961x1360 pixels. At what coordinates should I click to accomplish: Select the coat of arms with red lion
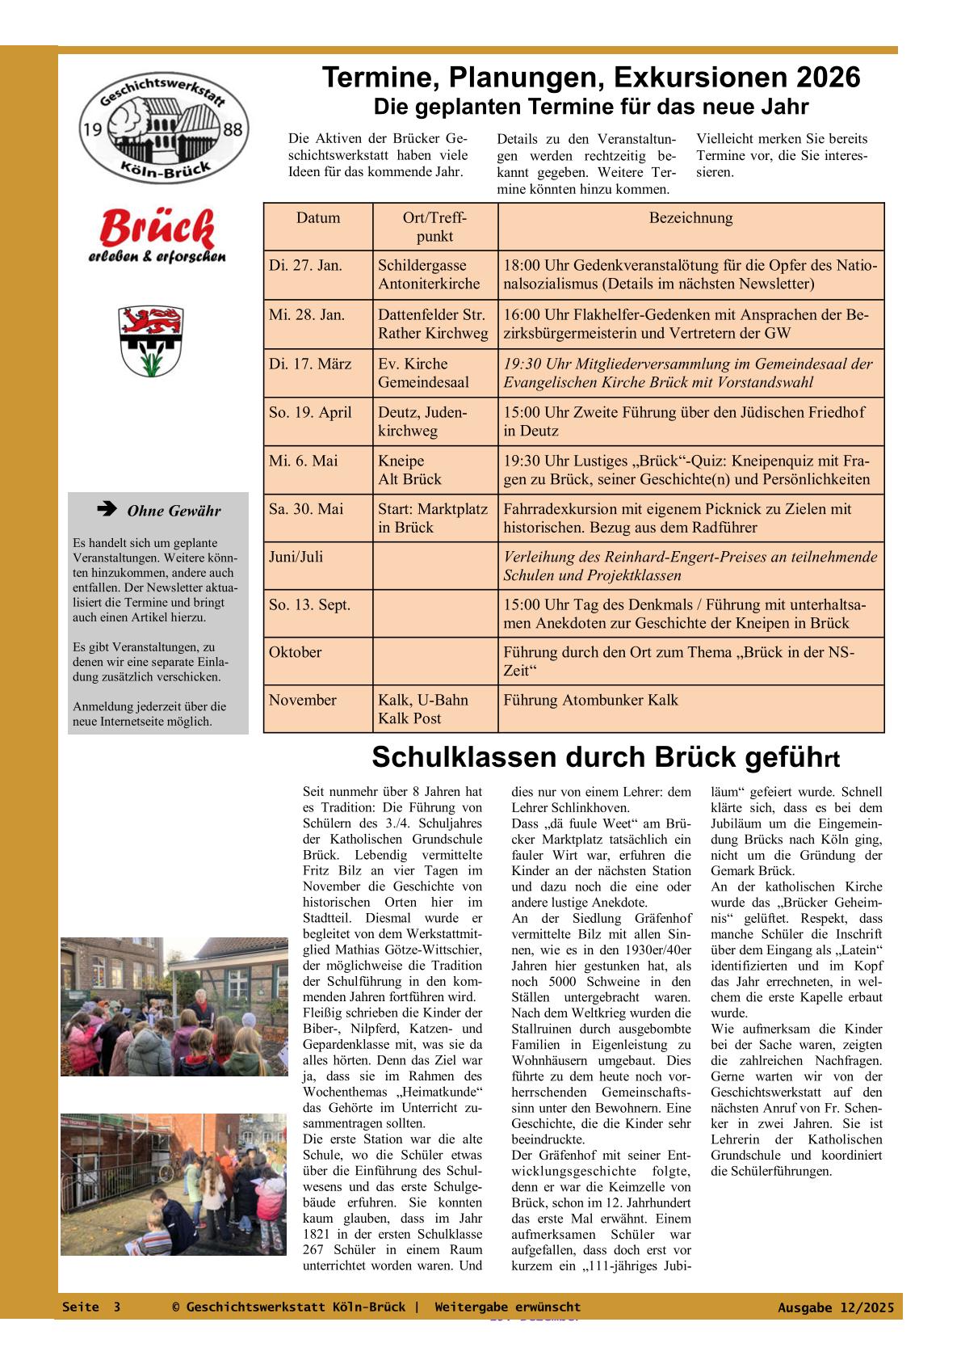(151, 340)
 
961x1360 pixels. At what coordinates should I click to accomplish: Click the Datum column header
(318, 218)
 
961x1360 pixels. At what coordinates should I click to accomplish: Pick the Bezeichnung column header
(690, 218)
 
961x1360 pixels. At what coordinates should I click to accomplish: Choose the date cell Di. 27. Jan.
(306, 265)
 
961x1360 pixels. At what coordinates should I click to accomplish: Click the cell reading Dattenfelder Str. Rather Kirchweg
(434, 323)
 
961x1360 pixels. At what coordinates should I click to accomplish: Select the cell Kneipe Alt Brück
(410, 469)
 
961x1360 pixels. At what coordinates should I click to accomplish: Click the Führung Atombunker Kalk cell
(590, 700)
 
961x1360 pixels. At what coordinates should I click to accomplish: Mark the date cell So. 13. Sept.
(310, 604)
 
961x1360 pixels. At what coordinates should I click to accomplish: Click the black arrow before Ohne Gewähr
(106, 510)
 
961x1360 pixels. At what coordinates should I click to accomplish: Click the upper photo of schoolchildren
(174, 1006)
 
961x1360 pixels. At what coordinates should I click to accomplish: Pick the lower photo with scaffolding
(174, 1184)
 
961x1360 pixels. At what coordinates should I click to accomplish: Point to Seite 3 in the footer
(91, 1307)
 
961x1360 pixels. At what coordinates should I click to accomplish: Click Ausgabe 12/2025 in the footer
(836, 1307)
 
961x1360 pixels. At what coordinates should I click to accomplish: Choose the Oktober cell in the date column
(296, 652)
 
